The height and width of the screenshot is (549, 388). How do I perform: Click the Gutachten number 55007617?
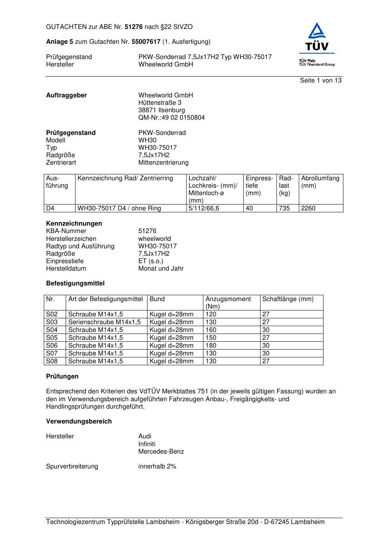(x=146, y=42)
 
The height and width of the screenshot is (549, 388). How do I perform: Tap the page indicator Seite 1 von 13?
(x=321, y=81)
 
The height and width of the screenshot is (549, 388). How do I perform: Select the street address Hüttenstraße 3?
(x=160, y=103)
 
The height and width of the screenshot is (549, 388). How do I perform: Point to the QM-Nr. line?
(x=171, y=118)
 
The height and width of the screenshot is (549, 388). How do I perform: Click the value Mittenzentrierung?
(x=163, y=163)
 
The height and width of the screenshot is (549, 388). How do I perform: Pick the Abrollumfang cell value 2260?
(x=308, y=208)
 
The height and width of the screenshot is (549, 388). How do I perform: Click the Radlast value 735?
(x=284, y=208)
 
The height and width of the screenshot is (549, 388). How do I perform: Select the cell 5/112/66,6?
(x=204, y=208)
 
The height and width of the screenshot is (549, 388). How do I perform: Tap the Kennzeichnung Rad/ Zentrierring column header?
(x=125, y=178)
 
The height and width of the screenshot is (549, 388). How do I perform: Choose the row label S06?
(x=52, y=346)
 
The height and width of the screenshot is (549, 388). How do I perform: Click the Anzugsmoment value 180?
(x=211, y=346)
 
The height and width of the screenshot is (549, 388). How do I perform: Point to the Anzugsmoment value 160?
(x=211, y=330)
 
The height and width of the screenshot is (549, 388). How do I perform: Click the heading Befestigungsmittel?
(x=75, y=283)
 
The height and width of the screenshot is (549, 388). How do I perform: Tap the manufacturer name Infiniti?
(x=147, y=444)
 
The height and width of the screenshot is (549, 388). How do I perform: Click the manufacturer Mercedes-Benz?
(x=161, y=452)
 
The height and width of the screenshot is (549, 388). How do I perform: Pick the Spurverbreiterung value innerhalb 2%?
(x=157, y=466)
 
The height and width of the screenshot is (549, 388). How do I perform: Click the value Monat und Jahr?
(x=161, y=269)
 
